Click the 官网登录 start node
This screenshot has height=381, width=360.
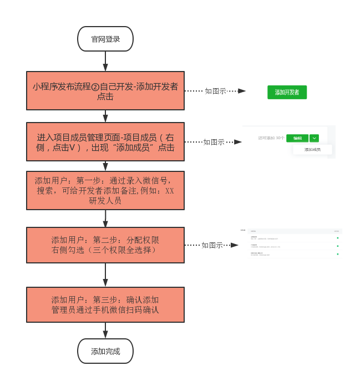[105, 39]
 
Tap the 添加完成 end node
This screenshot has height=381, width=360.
[105, 351]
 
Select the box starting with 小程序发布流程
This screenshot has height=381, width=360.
[105, 90]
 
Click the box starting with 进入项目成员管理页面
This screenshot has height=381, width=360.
[105, 142]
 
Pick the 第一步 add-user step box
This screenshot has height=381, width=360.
[105, 190]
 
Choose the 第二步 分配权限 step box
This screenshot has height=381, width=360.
[105, 245]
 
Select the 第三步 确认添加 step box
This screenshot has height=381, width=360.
[105, 304]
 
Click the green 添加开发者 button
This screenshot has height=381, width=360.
[287, 92]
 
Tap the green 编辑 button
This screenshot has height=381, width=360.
[297, 138]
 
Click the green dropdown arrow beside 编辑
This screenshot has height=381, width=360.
[315, 138]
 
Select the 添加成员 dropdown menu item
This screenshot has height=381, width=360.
[312, 149]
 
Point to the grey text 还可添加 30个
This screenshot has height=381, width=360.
[271, 138]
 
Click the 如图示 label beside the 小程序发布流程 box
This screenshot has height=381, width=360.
[215, 91]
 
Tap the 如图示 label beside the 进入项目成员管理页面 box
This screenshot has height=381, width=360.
[214, 142]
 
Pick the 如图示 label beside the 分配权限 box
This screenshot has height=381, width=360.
[212, 245]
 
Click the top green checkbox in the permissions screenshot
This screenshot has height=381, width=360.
[337, 238]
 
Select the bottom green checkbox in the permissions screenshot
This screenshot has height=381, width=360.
[337, 254]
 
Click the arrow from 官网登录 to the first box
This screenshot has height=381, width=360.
[105, 62]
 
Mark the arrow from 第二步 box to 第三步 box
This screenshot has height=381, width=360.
[105, 275]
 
